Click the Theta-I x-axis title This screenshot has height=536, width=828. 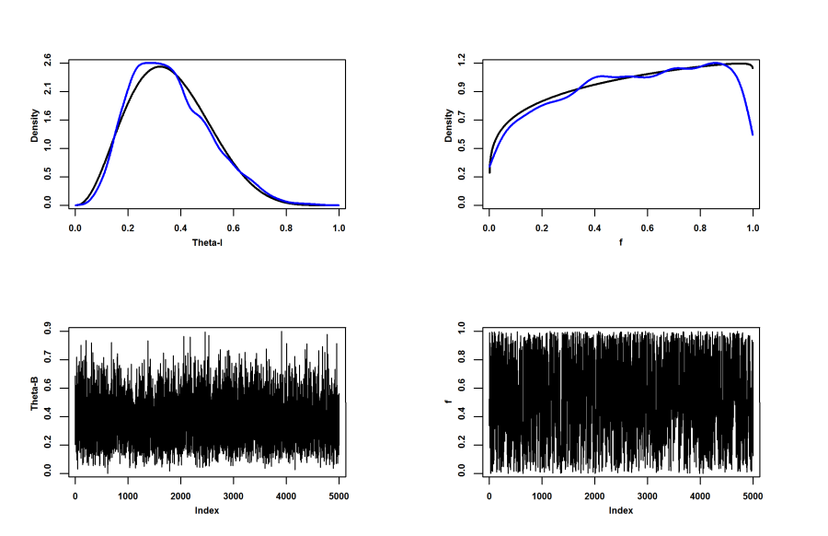tap(207, 241)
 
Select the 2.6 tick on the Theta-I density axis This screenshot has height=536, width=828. tap(48, 63)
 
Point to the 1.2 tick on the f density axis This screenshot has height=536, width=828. tap(462, 63)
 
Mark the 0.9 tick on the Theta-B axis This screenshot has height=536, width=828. tap(48, 331)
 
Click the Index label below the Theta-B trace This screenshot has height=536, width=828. tap(207, 509)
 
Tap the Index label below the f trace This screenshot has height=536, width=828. tap(621, 509)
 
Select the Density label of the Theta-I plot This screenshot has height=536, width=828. tap(34, 126)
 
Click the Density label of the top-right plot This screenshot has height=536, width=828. tap(448, 126)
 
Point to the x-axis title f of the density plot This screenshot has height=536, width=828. tap(621, 241)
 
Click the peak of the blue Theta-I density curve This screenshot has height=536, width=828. tap(152, 63)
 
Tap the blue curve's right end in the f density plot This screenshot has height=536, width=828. tap(753, 134)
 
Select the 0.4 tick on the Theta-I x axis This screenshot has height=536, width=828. tap(181, 225)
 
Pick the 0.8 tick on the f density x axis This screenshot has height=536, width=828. tap(700, 225)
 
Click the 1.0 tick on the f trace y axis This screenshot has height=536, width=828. tap(462, 331)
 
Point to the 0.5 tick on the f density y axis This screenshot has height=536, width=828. tap(462, 148)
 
